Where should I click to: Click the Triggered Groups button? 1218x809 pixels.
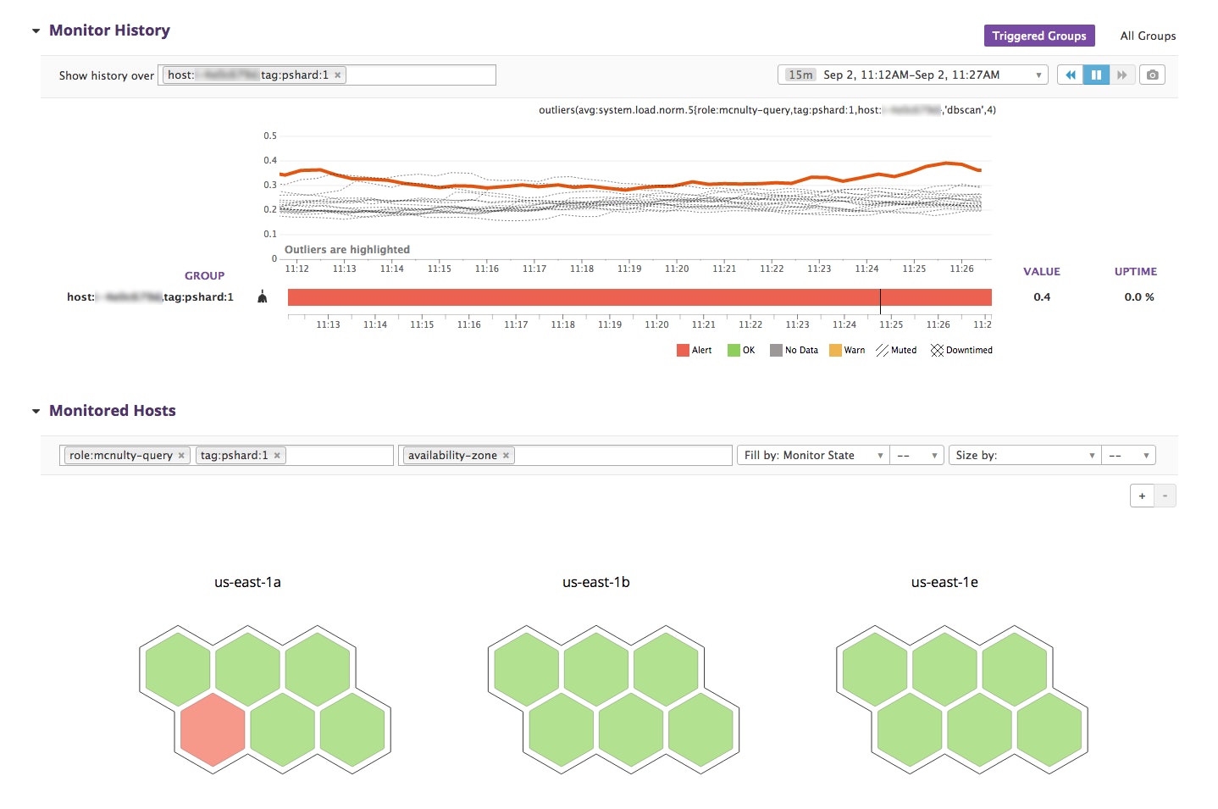1038,36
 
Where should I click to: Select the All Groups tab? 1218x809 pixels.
1147,36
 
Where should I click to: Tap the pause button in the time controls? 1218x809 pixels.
1095,75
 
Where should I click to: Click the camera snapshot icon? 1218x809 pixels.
1152,75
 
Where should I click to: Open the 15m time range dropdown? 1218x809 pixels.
912,75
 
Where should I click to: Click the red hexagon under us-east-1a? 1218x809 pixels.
213,729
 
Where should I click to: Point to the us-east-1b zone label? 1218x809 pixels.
595,582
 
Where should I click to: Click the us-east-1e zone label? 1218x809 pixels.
944,582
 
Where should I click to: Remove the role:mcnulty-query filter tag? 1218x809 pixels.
181,456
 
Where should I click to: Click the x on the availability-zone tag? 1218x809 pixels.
506,456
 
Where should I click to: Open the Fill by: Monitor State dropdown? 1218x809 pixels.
812,456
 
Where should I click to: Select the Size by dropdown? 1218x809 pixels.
1024,456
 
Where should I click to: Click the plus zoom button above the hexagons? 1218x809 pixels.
1141,496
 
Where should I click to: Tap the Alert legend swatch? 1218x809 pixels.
683,351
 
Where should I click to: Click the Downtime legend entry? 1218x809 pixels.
961,351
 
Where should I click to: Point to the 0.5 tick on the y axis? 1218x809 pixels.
270,136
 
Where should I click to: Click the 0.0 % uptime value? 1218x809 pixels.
1138,297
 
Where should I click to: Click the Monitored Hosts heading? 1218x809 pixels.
112,411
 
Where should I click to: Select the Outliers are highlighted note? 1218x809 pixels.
346,250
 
